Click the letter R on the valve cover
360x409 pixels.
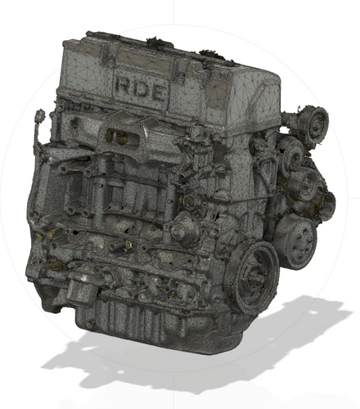pyautogui.click(x=124, y=85)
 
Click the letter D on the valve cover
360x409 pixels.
pyautogui.click(x=142, y=89)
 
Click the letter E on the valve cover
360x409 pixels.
pyautogui.click(x=160, y=92)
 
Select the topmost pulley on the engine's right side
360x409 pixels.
pyautogui.click(x=312, y=124)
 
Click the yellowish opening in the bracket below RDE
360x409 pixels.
pyautogui.click(x=121, y=137)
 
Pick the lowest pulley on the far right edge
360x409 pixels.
pyautogui.click(x=325, y=207)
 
